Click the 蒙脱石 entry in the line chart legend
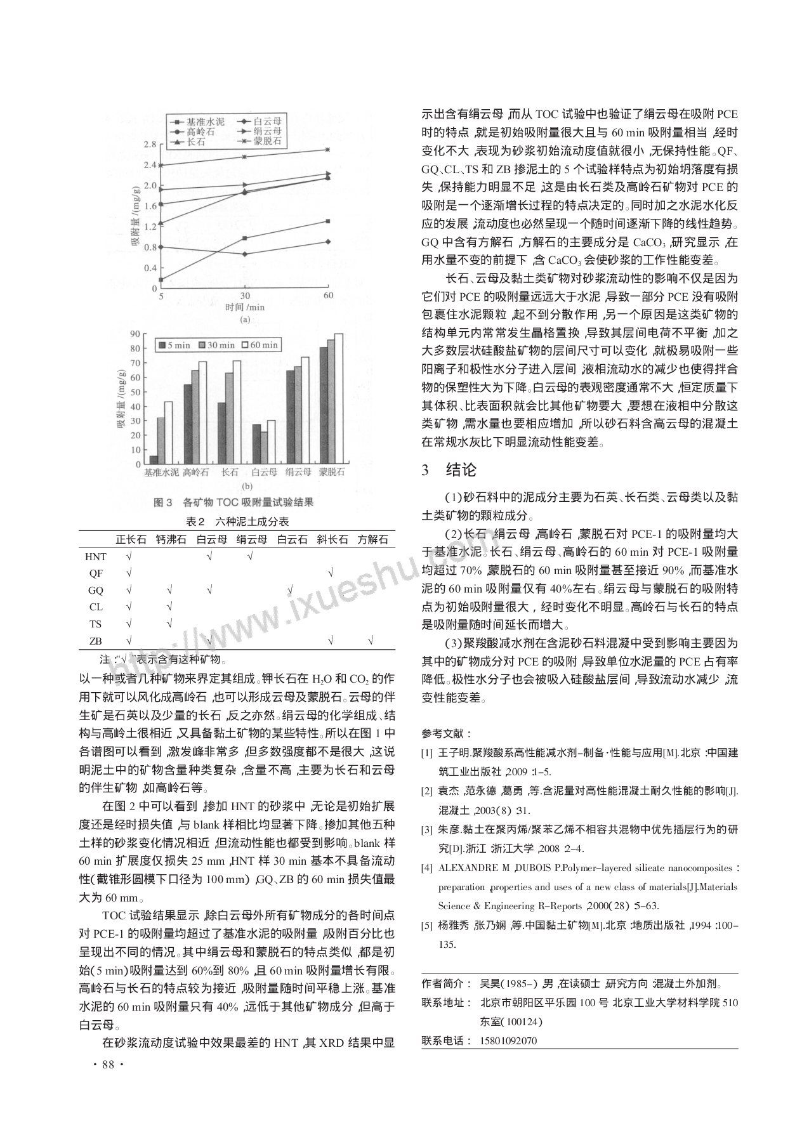click(260, 141)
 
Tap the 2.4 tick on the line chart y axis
click(150, 165)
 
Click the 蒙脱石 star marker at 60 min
click(328, 150)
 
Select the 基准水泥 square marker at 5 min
click(161, 279)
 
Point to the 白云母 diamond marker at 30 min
click(245, 254)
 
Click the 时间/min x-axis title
click(244, 307)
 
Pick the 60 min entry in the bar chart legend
click(260, 345)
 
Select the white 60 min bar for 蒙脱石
click(339, 400)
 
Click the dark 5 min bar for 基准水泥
click(154, 461)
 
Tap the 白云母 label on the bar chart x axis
click(264, 473)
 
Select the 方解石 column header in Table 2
click(372, 540)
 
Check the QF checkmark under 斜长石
click(330, 574)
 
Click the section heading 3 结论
click(448, 470)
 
